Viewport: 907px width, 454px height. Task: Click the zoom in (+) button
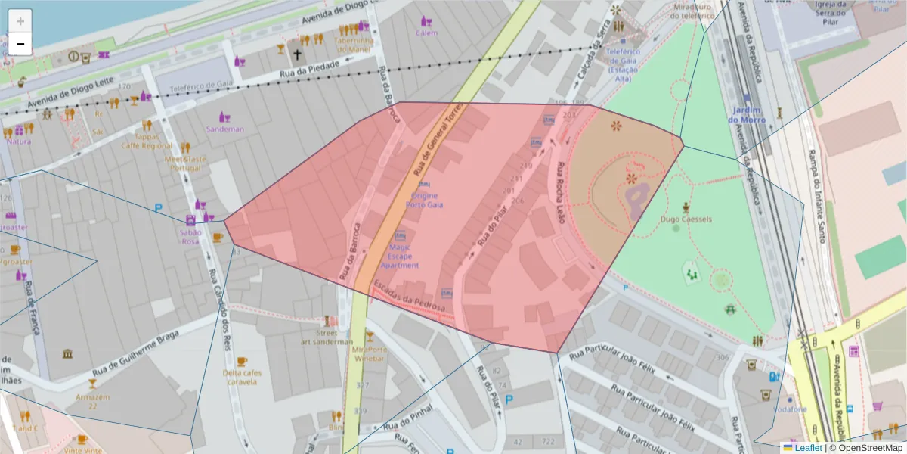(20, 22)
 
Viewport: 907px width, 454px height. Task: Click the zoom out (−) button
(20, 44)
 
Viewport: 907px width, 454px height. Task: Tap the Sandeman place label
(225, 129)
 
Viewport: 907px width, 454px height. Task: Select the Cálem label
(426, 33)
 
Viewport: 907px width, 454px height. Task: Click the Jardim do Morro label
(747, 115)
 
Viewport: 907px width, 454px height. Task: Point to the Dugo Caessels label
(686, 219)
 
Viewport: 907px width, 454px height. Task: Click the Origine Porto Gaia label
(424, 200)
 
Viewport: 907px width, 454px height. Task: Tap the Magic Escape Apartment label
(400, 256)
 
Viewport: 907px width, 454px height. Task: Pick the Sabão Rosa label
(190, 236)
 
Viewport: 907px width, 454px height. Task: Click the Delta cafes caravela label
(240, 377)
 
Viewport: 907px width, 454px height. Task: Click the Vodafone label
(791, 409)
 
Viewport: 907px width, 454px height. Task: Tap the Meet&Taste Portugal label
(185, 163)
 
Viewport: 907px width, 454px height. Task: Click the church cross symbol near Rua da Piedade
(297, 54)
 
